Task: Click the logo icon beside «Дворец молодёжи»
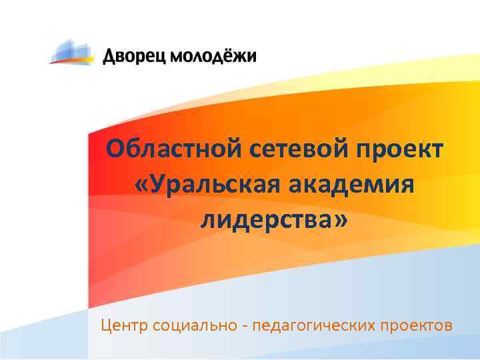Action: (x=73, y=52)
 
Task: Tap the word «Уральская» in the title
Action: (x=213, y=185)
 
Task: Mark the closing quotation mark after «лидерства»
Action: (x=341, y=221)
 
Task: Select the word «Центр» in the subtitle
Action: (x=124, y=326)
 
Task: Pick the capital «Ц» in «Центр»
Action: (x=106, y=326)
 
